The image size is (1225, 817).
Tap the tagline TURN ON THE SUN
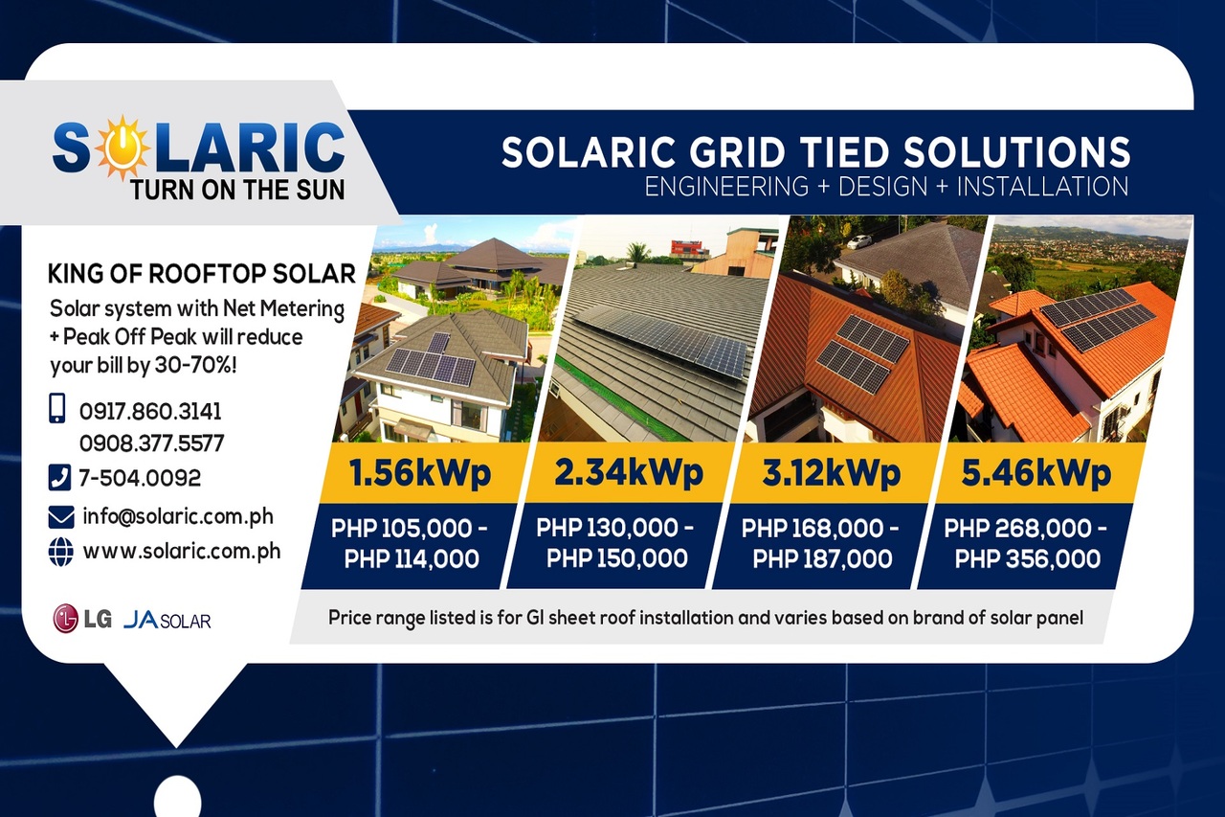238,189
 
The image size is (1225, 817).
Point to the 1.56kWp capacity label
420,473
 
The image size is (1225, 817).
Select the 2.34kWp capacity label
628,473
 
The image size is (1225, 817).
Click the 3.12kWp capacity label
832,473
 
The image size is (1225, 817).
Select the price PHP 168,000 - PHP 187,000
821,543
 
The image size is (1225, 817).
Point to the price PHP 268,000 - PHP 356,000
1026,543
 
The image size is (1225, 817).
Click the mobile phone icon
57,409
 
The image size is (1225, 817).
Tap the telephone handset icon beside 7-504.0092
58,476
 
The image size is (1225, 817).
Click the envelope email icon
60,517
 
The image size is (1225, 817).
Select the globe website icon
60,553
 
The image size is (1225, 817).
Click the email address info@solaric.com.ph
178,516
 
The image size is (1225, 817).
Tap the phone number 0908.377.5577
151,443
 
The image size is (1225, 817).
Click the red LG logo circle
66,619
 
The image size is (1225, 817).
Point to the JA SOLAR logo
167,620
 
